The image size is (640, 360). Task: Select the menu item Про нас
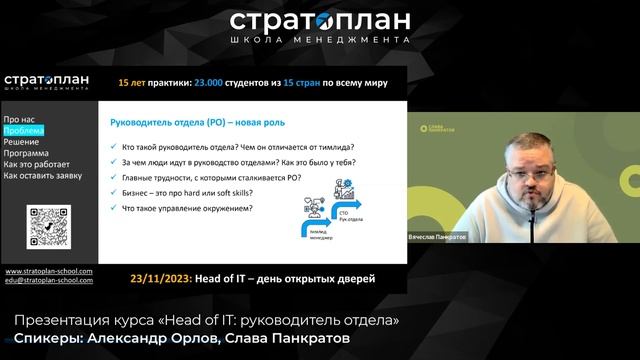pyautogui.click(x=20, y=119)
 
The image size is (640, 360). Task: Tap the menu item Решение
pyautogui.click(x=22, y=142)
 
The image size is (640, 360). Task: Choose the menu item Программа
pyautogui.click(x=27, y=153)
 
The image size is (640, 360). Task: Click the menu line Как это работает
pyautogui.click(x=35, y=164)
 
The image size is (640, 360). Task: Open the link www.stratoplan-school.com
pyautogui.click(x=49, y=271)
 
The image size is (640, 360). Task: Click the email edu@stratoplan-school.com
pyautogui.click(x=49, y=281)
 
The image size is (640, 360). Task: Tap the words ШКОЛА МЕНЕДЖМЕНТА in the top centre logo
pyautogui.click(x=320, y=40)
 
